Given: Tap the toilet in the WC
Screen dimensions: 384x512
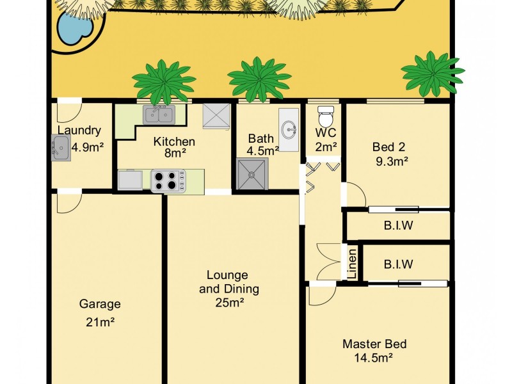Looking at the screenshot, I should coord(326,117).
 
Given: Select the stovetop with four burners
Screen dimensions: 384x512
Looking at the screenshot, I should coord(168,180).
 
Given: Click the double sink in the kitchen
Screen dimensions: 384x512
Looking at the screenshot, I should coord(158,115).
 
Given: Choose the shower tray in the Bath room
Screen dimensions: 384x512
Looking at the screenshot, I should coord(253,175).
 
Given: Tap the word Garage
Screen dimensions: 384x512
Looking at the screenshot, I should coord(99,304).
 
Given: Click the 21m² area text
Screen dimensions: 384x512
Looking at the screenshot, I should coord(99,322).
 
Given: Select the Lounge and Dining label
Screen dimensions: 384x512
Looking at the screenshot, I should coord(229,282).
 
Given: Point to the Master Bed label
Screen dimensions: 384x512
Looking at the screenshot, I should coord(374,344).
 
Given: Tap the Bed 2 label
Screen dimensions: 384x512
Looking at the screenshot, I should coord(388,147).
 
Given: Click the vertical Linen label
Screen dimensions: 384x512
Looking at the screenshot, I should coord(352,263).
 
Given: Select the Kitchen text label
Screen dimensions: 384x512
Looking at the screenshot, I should coord(174,141).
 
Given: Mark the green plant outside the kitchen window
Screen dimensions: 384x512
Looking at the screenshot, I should coord(164,81).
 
